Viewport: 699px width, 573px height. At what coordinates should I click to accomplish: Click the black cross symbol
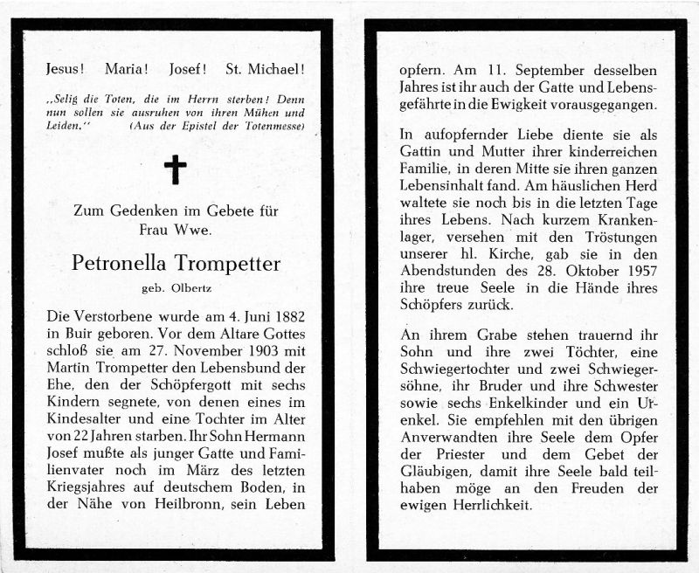(x=175, y=169)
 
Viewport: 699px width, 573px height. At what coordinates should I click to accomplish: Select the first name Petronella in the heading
(x=116, y=262)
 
